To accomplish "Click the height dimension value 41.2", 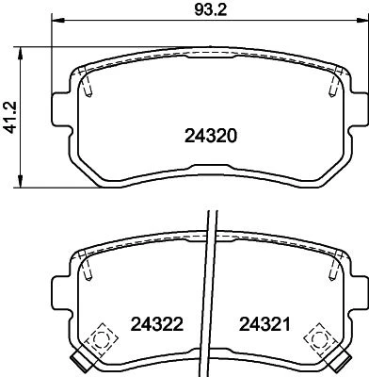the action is coord(10,118).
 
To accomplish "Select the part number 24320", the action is coord(211,136).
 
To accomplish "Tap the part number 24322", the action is coord(157,324).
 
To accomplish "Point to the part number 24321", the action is coord(265,324).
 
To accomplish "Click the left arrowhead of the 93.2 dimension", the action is coord(57,21).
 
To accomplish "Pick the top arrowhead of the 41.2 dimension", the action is coord(21,54).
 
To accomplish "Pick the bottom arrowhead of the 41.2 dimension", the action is coord(21,181).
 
